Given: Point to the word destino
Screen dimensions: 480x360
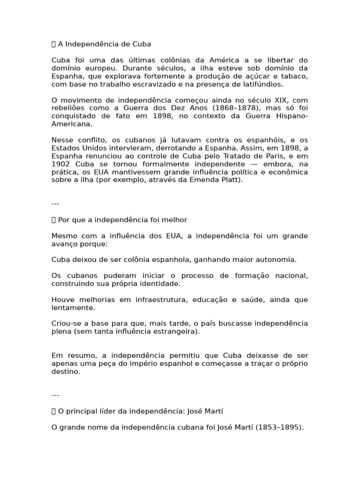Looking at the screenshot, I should pyautogui.click(x=66, y=372).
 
